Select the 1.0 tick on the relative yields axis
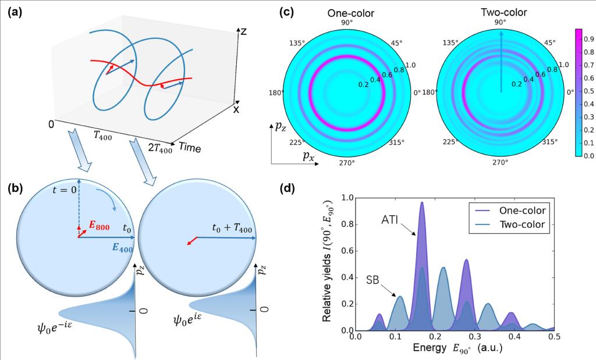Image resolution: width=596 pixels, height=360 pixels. (347, 198)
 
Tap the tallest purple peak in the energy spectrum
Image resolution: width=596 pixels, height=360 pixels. (422, 204)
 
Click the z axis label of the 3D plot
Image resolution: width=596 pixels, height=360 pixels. (244, 32)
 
